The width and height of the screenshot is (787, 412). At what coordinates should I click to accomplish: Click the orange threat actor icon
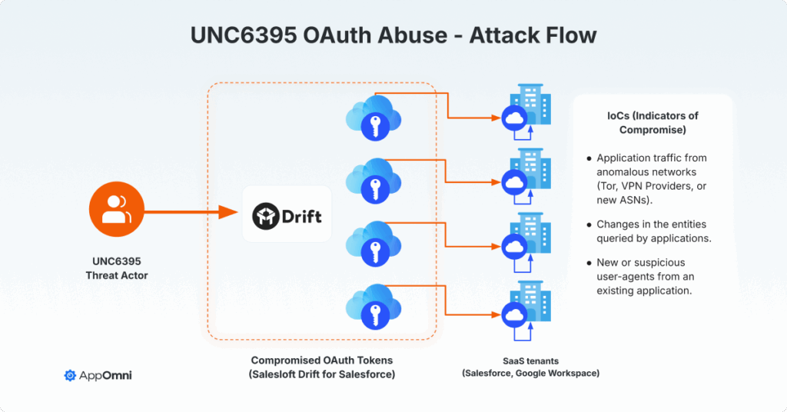[117, 209]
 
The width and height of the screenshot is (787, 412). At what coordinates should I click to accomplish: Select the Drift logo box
[287, 214]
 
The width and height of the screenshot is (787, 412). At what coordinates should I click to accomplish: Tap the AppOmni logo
[98, 375]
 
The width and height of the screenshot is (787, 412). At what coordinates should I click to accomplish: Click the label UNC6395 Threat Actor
[117, 268]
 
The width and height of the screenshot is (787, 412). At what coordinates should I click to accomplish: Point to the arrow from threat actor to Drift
[191, 212]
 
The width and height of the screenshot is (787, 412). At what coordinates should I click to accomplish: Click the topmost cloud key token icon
[374, 118]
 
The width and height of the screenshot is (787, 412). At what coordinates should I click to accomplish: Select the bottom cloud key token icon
[374, 307]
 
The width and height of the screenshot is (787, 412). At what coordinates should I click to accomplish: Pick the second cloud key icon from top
[374, 181]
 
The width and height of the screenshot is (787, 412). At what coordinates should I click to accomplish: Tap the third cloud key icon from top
[374, 245]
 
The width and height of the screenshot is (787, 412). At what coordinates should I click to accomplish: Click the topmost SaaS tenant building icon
[526, 112]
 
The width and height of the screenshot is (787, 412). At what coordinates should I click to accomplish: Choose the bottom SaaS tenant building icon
[526, 310]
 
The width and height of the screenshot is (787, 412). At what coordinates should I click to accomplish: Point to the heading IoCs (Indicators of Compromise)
[653, 123]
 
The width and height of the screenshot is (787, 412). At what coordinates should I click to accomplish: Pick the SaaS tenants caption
[530, 367]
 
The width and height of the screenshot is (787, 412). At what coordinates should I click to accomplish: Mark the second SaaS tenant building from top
[526, 176]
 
